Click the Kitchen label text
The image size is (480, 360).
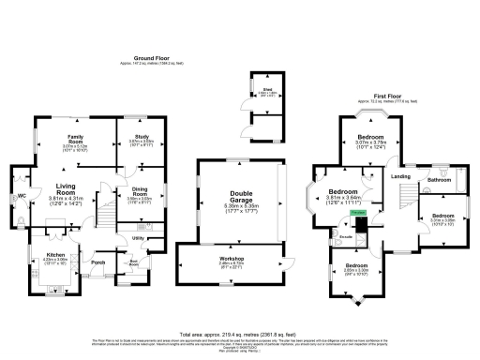click(x=55, y=254)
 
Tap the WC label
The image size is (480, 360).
click(x=20, y=196)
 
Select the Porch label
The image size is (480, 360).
click(x=97, y=262)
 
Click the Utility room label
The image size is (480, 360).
click(x=137, y=239)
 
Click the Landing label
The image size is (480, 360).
click(x=399, y=176)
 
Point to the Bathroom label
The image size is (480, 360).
click(x=439, y=177)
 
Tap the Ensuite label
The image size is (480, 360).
click(x=345, y=237)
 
